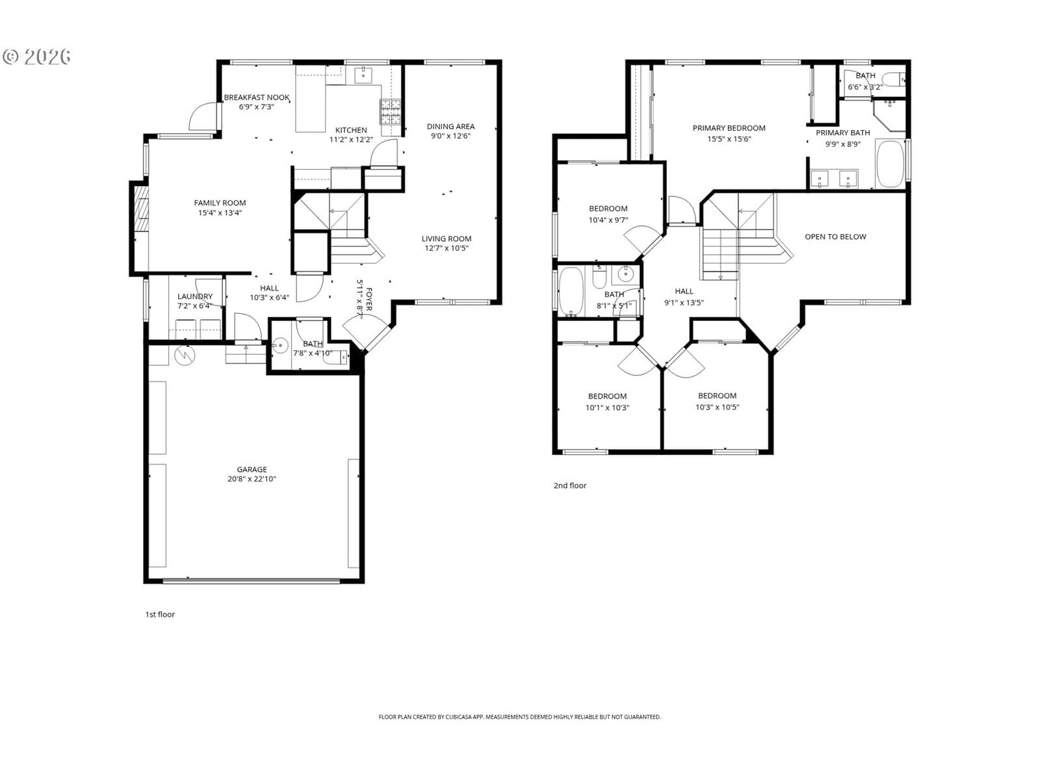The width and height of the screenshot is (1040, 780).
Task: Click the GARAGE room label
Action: point(252,469)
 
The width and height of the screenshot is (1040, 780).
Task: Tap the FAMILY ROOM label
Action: point(220,203)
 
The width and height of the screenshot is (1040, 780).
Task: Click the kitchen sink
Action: point(363,74)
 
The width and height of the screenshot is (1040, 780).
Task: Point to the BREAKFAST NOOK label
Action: point(256,97)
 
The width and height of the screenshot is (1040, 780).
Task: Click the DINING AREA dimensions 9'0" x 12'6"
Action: point(450,136)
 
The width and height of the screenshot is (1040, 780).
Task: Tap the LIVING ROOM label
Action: point(447,239)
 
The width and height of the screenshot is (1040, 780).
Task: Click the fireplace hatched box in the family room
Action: point(140,209)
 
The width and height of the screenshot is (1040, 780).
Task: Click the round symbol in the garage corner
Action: point(185,355)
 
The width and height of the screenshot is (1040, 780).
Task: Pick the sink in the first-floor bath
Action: point(280,346)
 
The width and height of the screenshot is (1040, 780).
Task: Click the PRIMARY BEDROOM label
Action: point(729,128)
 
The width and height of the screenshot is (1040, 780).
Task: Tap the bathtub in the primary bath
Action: point(890,164)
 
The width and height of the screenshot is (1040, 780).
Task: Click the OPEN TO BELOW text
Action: point(835,237)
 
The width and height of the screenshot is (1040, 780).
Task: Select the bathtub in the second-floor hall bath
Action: point(571,291)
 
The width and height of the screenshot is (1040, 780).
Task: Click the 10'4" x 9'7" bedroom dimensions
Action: point(608,220)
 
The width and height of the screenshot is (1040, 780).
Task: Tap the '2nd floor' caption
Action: point(570,486)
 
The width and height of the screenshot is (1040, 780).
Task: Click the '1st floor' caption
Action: point(160,614)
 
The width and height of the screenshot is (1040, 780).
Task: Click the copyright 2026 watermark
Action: point(36,57)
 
